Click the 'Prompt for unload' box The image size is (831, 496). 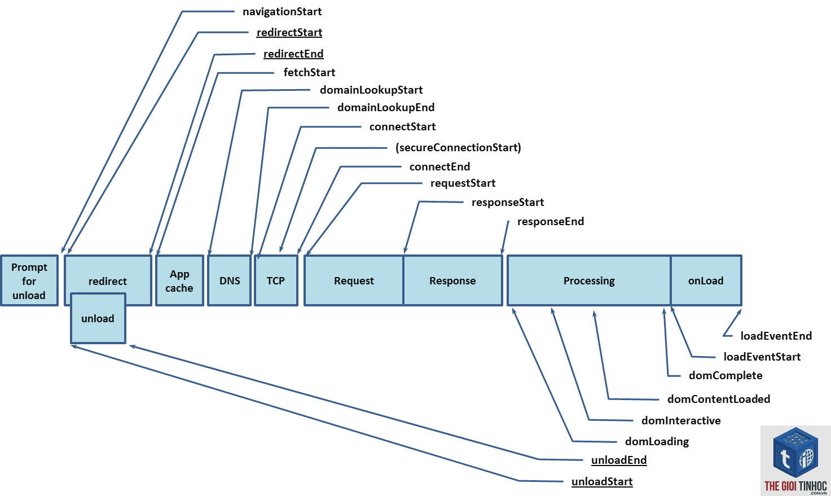click(29, 280)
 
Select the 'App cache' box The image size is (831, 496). click(179, 280)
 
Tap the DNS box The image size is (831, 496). click(229, 280)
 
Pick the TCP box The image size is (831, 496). click(276, 280)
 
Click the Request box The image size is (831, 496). click(354, 280)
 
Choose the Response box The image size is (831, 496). click(453, 280)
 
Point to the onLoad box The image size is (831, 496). click(706, 280)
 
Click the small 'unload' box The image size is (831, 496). click(98, 318)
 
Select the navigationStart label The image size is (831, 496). click(282, 11)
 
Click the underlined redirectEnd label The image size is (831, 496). click(293, 54)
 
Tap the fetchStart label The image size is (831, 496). click(309, 72)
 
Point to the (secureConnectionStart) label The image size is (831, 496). click(458, 148)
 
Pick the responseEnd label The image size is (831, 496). click(551, 221)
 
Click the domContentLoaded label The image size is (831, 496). click(719, 399)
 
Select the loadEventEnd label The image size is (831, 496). click(776, 336)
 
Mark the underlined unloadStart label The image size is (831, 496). click(602, 481)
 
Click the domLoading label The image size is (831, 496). click(657, 441)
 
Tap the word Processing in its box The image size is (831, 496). click(589, 281)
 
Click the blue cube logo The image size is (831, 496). click(795, 453)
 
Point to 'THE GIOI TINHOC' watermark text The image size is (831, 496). click(796, 486)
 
